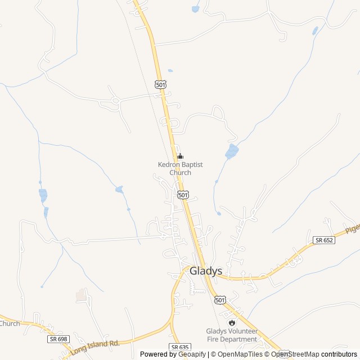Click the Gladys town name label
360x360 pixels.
(206, 271)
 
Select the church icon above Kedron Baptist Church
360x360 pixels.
(180, 156)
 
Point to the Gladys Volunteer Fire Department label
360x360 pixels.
(232, 335)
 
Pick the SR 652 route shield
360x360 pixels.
(325, 240)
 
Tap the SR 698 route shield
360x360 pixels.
(58, 339)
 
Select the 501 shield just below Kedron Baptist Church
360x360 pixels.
(182, 194)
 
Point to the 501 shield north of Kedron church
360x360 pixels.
(161, 84)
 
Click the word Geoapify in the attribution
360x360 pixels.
(191, 354)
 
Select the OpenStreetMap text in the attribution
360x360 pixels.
(295, 354)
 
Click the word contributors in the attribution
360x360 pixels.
(339, 354)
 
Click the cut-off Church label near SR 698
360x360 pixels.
(10, 323)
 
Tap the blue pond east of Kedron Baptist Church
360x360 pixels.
(231, 151)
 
